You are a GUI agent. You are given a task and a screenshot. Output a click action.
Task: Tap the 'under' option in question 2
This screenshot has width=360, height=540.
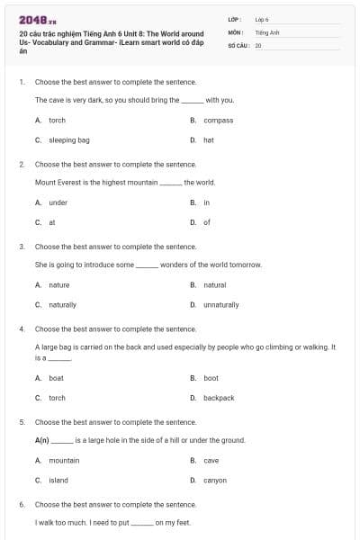pyautogui.click(x=58, y=202)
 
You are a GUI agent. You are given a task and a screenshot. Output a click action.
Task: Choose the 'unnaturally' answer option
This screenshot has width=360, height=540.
pyautogui.click(x=220, y=305)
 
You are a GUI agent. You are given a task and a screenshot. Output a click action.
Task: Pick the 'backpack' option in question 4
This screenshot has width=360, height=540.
pyautogui.click(x=219, y=398)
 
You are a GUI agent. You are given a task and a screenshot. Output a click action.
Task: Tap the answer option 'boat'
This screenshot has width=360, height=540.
pyautogui.click(x=56, y=378)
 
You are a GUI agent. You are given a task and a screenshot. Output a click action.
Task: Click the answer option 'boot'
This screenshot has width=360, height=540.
pyautogui.click(x=211, y=378)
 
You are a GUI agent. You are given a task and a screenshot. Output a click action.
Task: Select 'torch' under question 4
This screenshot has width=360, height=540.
pyautogui.click(x=57, y=398)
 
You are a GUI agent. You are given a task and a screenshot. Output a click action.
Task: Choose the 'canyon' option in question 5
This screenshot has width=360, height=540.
pyautogui.click(x=215, y=481)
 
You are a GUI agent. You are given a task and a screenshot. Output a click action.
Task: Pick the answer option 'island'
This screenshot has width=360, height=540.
pyautogui.click(x=58, y=481)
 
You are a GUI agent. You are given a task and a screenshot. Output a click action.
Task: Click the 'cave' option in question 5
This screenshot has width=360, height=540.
pyautogui.click(x=211, y=460)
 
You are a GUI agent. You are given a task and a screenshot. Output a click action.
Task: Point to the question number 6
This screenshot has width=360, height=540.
pyautogui.click(x=21, y=505)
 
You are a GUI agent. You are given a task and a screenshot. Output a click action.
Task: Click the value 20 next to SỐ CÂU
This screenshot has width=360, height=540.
pyautogui.click(x=258, y=43)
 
